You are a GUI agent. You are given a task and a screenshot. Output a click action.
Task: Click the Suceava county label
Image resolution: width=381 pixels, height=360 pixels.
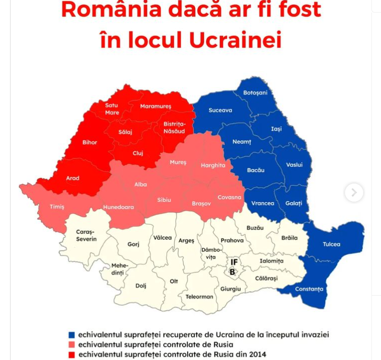coord(220,110)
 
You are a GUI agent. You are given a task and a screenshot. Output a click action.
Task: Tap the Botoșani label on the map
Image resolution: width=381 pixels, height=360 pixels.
coord(255,93)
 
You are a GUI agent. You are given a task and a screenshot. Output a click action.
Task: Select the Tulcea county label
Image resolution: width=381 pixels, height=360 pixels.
coord(331,244)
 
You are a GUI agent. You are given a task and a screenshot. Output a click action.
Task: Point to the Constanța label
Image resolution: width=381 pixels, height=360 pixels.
coord(309,289)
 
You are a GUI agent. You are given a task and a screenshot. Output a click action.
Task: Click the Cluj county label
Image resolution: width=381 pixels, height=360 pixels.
coord(138,153)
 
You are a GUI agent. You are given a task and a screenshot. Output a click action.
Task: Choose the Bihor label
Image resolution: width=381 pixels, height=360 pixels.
coord(90,142)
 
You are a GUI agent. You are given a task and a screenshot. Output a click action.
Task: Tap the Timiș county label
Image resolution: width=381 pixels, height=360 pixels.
coord(57,207)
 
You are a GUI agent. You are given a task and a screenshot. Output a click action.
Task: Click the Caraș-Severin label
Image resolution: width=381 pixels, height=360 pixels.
coord(86,235)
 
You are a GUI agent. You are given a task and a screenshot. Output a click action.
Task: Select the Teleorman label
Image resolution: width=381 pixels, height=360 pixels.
coord(200,297)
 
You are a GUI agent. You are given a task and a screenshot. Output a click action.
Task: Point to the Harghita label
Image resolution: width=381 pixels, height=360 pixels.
coord(213,165)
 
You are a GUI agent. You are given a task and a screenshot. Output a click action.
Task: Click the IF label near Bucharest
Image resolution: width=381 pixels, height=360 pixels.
coord(234,262)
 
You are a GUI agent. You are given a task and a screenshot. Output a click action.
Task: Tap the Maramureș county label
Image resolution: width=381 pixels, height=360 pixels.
coord(156,106)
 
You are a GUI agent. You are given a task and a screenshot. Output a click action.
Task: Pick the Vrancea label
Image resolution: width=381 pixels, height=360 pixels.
coord(263,203)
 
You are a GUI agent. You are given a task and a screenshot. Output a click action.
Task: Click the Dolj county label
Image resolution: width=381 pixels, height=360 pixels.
coord(141,286)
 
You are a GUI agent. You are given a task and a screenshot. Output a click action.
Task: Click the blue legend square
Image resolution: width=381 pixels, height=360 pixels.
coord(72,334)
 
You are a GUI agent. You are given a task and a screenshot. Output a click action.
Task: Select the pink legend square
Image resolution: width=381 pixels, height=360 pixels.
coord(72,344)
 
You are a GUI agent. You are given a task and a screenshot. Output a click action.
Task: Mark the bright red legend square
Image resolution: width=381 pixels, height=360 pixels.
coord(72,354)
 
